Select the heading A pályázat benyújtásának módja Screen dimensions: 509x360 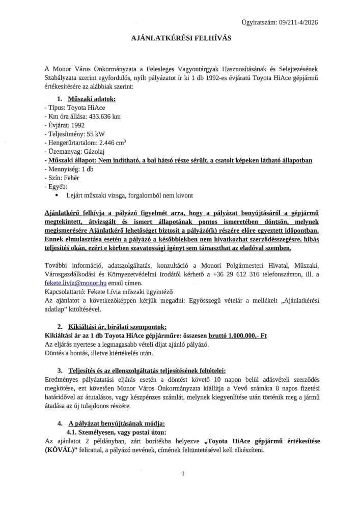(117, 423)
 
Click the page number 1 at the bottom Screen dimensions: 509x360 (182, 474)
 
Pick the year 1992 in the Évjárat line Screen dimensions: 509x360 (75, 125)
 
